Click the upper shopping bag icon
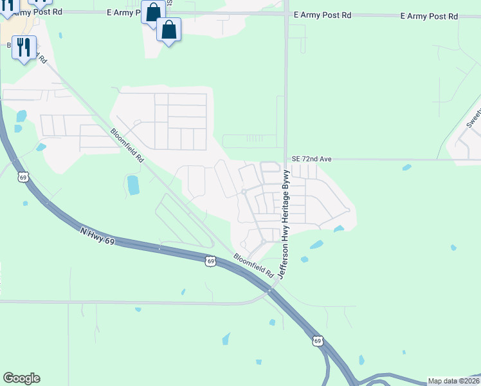[153, 12]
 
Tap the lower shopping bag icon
[168, 30]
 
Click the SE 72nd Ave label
[311, 158]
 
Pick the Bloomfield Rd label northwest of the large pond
[126, 145]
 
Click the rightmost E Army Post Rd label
[429, 15]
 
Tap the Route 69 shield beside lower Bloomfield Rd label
[210, 261]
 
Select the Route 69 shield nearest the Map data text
[318, 340]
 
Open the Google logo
[21, 378]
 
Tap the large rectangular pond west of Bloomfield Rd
[133, 185]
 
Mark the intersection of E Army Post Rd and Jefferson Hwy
[286, 14]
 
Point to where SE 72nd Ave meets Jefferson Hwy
[286, 160]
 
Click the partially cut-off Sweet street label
[473, 116]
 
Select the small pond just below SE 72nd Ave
[406, 168]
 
